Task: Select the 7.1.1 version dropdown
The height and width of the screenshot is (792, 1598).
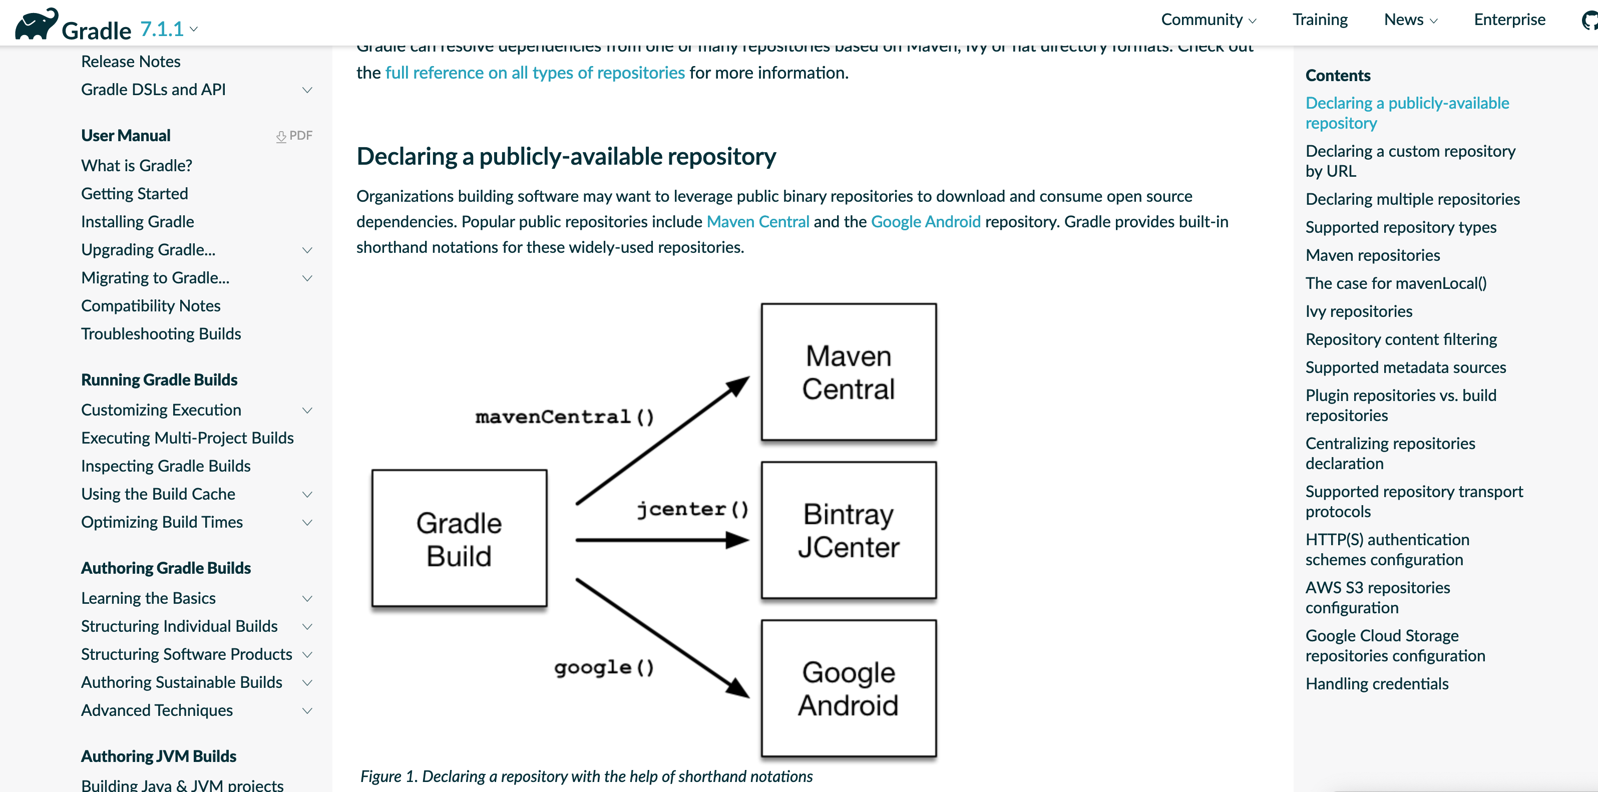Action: coord(168,29)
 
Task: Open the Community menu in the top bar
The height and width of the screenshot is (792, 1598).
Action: coord(1207,20)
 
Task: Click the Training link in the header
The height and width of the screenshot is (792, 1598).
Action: coord(1320,20)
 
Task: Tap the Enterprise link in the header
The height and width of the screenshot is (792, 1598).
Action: coord(1509,20)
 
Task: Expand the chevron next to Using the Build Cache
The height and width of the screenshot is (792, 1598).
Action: coord(307,494)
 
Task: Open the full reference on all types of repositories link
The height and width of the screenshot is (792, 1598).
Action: coord(534,73)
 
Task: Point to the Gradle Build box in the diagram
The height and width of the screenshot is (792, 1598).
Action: coord(459,538)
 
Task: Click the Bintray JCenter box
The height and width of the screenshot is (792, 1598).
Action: coord(848,530)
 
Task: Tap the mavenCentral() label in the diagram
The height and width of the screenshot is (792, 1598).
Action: coord(564,417)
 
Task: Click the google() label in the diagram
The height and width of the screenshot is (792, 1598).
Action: coord(604,667)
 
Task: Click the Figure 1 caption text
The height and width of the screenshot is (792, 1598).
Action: coord(586,776)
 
